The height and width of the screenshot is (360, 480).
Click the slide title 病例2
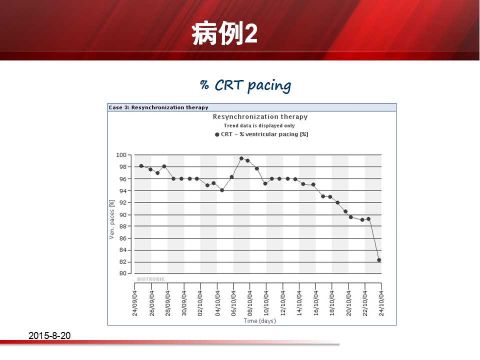[224, 33]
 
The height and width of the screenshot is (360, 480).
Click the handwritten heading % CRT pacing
[245, 85]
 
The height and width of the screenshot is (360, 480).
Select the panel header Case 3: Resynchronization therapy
[158, 107]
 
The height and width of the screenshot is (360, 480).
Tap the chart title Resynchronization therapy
[260, 116]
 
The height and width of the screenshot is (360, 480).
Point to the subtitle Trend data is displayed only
[259, 125]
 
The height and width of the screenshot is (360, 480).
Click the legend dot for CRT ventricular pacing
[217, 134]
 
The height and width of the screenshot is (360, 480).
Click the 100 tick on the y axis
[121, 155]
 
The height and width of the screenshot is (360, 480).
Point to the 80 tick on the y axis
[123, 273]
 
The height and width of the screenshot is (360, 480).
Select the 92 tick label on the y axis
[123, 202]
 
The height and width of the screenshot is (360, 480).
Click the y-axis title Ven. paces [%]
[111, 219]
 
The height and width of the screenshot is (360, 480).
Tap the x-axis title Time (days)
[260, 321]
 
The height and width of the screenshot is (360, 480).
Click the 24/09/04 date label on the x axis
[134, 303]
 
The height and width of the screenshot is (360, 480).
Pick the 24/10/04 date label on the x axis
[381, 303]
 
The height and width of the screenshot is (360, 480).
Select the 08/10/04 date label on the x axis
[250, 303]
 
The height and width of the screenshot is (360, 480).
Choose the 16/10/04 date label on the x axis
[315, 303]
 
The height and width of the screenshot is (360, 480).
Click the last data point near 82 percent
[379, 260]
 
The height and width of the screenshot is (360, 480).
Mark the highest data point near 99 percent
[241, 158]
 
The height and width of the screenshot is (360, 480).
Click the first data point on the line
[141, 166]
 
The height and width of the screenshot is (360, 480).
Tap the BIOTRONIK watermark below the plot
[151, 279]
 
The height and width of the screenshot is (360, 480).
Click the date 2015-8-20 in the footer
[49, 335]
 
